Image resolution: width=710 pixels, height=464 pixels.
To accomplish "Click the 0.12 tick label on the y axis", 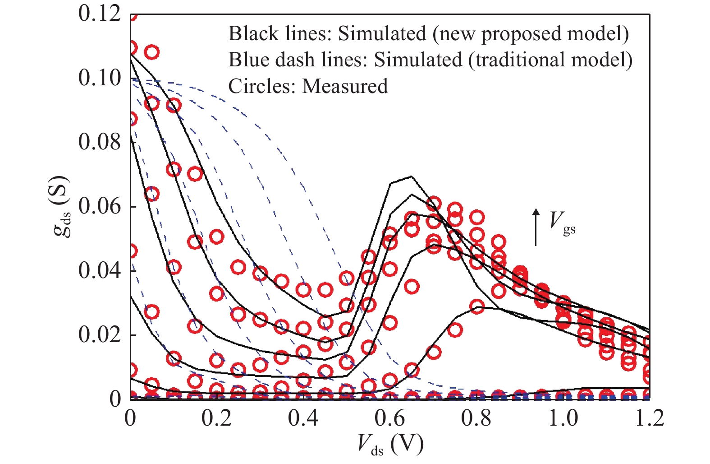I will pos(100,14).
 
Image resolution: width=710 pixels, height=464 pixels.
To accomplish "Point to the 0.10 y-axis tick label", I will pos(100,78).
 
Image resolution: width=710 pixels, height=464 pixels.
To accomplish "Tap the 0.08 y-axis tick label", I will pos(100,142).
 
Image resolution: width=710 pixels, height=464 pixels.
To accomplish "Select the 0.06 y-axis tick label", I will pos(100,206).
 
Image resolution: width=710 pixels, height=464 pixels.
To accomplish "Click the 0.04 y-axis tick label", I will pos(100,271).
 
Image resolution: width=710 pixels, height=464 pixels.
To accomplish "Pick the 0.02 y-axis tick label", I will pos(100,335).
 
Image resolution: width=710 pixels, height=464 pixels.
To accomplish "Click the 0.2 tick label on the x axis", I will pos(216,418).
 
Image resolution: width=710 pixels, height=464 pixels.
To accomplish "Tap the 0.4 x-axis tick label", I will pos(303,418).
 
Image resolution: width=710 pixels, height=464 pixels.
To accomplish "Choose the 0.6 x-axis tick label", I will pos(389,418).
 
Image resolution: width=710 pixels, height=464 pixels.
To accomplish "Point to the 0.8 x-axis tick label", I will pos(476,418).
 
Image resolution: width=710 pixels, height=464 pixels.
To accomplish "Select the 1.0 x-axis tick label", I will pos(563,418).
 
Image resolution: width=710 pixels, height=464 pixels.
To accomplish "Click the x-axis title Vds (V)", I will pos(390,445).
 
